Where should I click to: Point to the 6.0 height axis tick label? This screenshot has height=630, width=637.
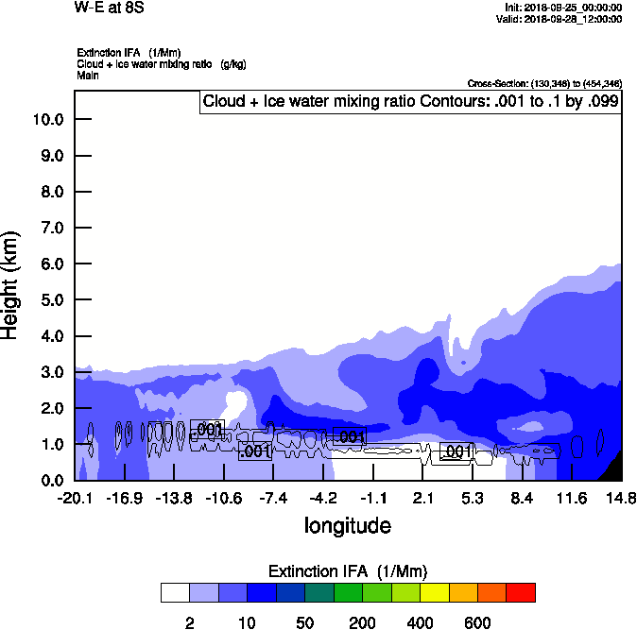[x=48, y=264]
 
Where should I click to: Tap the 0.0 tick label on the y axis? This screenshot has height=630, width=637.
[x=48, y=481]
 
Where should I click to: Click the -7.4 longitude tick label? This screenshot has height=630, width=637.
[x=273, y=498]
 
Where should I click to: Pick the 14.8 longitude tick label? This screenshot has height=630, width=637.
[x=621, y=498]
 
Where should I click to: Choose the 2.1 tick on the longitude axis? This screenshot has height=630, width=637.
[x=422, y=498]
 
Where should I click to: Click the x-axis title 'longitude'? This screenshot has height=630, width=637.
[x=347, y=525]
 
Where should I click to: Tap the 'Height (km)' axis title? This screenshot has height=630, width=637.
[x=11, y=284]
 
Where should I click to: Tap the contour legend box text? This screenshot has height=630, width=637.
[x=410, y=101]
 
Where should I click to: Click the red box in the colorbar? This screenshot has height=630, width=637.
[x=521, y=592]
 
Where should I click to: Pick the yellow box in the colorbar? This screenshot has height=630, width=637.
[x=435, y=592]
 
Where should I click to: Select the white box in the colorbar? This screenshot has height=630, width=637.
[x=175, y=592]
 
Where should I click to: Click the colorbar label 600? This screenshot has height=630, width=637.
[x=477, y=621]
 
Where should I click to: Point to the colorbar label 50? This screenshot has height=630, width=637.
[x=305, y=621]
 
